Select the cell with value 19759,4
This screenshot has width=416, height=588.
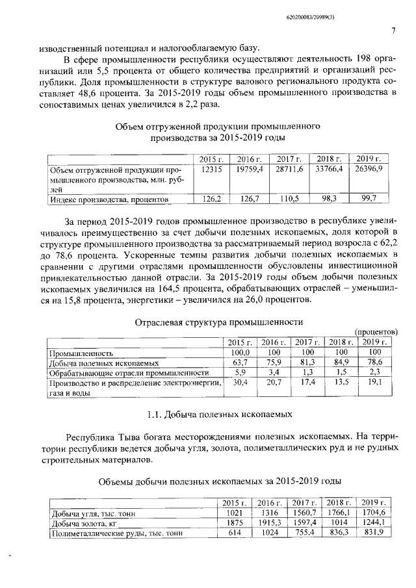[x=249, y=169]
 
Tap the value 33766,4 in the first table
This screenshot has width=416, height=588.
[x=328, y=169]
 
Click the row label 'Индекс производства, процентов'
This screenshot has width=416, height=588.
[x=110, y=199]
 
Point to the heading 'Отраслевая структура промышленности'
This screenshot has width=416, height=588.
[x=219, y=321]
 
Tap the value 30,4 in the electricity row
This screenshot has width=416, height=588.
[x=240, y=383]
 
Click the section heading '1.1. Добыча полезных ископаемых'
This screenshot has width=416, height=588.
[x=213, y=413]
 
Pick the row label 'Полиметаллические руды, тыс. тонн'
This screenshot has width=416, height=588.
[x=116, y=533]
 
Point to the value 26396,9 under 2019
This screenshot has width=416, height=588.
[x=369, y=169]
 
